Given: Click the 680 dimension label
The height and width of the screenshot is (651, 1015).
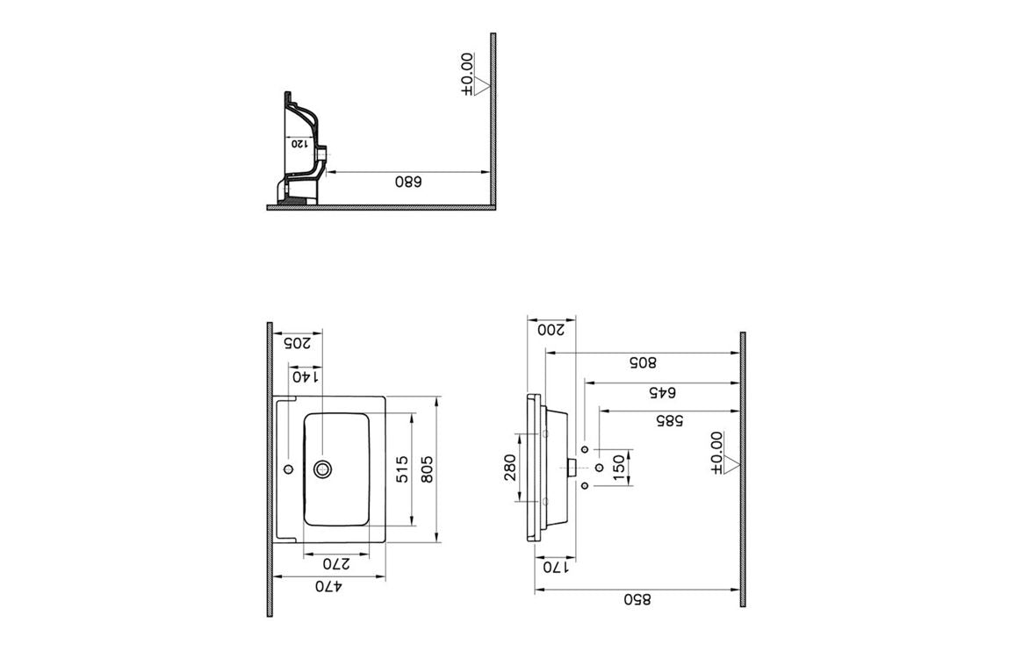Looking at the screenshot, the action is coord(407,182).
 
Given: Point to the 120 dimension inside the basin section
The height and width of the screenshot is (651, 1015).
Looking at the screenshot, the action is coord(299,143).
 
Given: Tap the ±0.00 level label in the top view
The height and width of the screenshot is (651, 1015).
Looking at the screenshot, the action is coord(467,74).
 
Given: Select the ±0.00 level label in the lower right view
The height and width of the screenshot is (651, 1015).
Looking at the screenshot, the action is coord(716,453).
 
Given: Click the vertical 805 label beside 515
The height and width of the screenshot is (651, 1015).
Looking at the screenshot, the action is coord(427,469).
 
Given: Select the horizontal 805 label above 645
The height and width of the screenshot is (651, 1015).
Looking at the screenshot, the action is coord(643,362).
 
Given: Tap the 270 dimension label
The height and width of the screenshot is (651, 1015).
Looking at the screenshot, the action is coord(336,563).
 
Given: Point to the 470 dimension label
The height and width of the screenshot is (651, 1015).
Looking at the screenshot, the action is coord(329,586).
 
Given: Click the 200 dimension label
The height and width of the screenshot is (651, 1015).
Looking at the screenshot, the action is coord(551,329).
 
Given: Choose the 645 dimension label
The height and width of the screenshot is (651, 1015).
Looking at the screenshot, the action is coord(662,392).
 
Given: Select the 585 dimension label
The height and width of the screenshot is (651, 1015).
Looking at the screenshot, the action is coord(669,420).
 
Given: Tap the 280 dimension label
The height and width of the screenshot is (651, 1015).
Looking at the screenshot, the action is coord(509,468).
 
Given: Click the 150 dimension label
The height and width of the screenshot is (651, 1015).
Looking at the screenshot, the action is coord(618,468).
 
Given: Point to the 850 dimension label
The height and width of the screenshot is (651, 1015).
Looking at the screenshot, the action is coord(637,599).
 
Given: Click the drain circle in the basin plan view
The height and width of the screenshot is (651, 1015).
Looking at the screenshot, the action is coord(322,469).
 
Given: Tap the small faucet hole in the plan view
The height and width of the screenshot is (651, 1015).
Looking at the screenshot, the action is coord(289,469).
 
